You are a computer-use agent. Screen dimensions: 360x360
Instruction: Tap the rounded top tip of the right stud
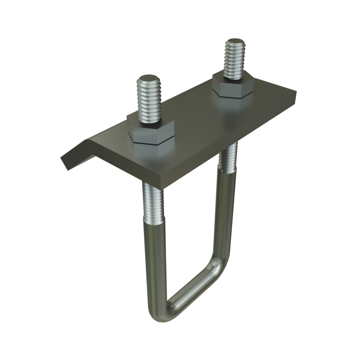pyautogui.click(x=233, y=43)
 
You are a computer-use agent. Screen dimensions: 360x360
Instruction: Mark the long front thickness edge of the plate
pyautogui.click(x=229, y=144)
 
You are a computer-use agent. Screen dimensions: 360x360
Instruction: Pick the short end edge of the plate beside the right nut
pyautogui.click(x=296, y=98)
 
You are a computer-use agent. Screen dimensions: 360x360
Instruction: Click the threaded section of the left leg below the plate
pyautogui.click(x=151, y=200)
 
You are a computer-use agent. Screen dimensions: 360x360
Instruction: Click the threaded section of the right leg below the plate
pyautogui.click(x=226, y=157)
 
